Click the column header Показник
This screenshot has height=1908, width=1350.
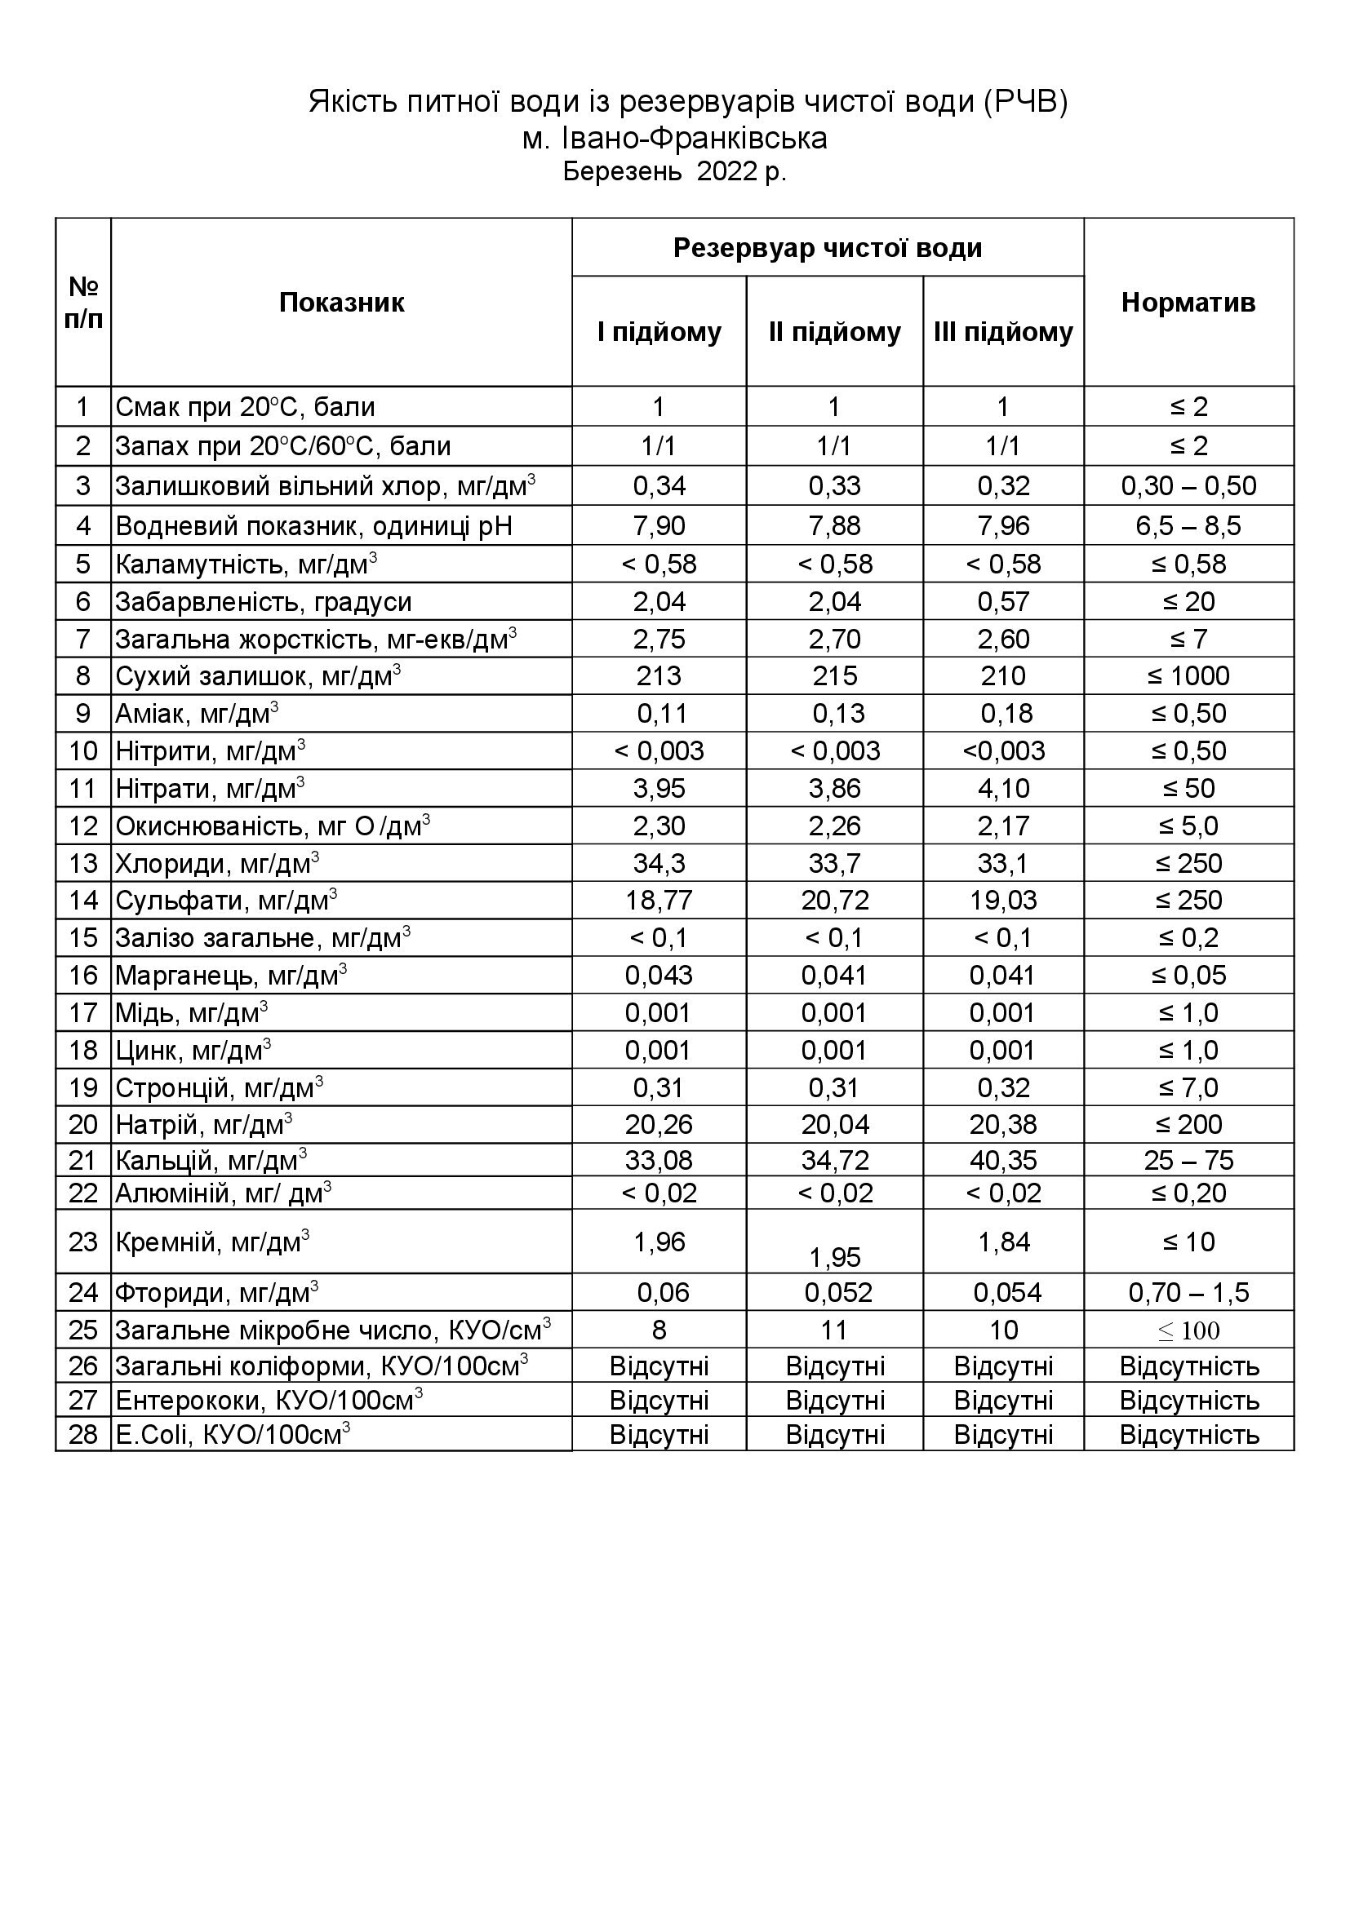tap(341, 303)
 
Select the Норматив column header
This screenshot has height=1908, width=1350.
tap(1188, 303)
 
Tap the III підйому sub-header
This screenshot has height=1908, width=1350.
tap(1002, 332)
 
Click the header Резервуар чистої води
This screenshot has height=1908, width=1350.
tap(827, 248)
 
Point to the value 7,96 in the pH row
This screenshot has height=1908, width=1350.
tap(1002, 526)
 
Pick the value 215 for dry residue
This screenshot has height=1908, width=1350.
tap(834, 676)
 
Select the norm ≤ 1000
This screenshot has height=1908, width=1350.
tap(1188, 676)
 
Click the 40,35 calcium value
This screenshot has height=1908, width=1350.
tap(1002, 1160)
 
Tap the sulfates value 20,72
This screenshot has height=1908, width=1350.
tap(834, 901)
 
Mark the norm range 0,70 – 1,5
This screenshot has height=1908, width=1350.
tap(1188, 1293)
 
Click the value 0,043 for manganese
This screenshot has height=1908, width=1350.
tap(659, 976)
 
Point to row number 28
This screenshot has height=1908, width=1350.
tap(83, 1435)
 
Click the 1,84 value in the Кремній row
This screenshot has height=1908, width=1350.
tap(1002, 1242)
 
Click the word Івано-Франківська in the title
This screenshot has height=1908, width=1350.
tap(695, 139)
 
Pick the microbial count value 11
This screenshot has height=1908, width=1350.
tap(834, 1330)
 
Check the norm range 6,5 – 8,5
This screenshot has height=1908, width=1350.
tap(1188, 526)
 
